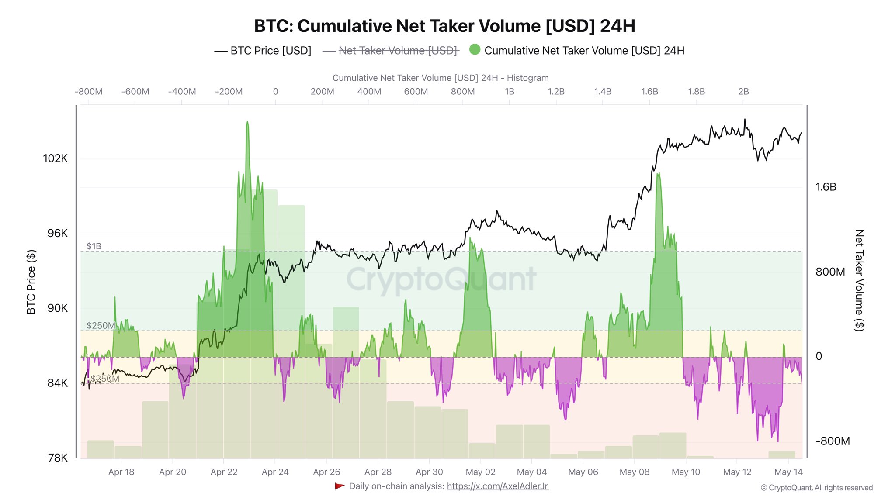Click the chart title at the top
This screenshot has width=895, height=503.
click(444, 26)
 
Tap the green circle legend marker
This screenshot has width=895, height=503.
click(475, 50)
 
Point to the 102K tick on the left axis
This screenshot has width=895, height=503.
click(56, 158)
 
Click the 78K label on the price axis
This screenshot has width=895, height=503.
click(58, 458)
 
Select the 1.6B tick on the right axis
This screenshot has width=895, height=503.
click(826, 187)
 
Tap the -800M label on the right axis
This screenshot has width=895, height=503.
click(833, 441)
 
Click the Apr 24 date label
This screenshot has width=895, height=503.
click(275, 472)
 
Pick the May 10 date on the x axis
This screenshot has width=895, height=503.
click(686, 472)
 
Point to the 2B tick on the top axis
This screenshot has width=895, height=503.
click(743, 92)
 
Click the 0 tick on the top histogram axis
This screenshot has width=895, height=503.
click(275, 92)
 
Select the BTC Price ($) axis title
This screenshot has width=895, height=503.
click(31, 282)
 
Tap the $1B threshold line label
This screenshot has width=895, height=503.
click(94, 246)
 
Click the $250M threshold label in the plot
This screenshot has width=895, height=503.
click(101, 326)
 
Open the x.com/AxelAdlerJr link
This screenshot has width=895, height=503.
click(497, 486)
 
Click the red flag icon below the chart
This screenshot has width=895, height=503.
click(340, 486)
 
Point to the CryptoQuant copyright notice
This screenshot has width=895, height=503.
click(816, 488)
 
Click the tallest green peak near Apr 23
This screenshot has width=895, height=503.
click(247, 123)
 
